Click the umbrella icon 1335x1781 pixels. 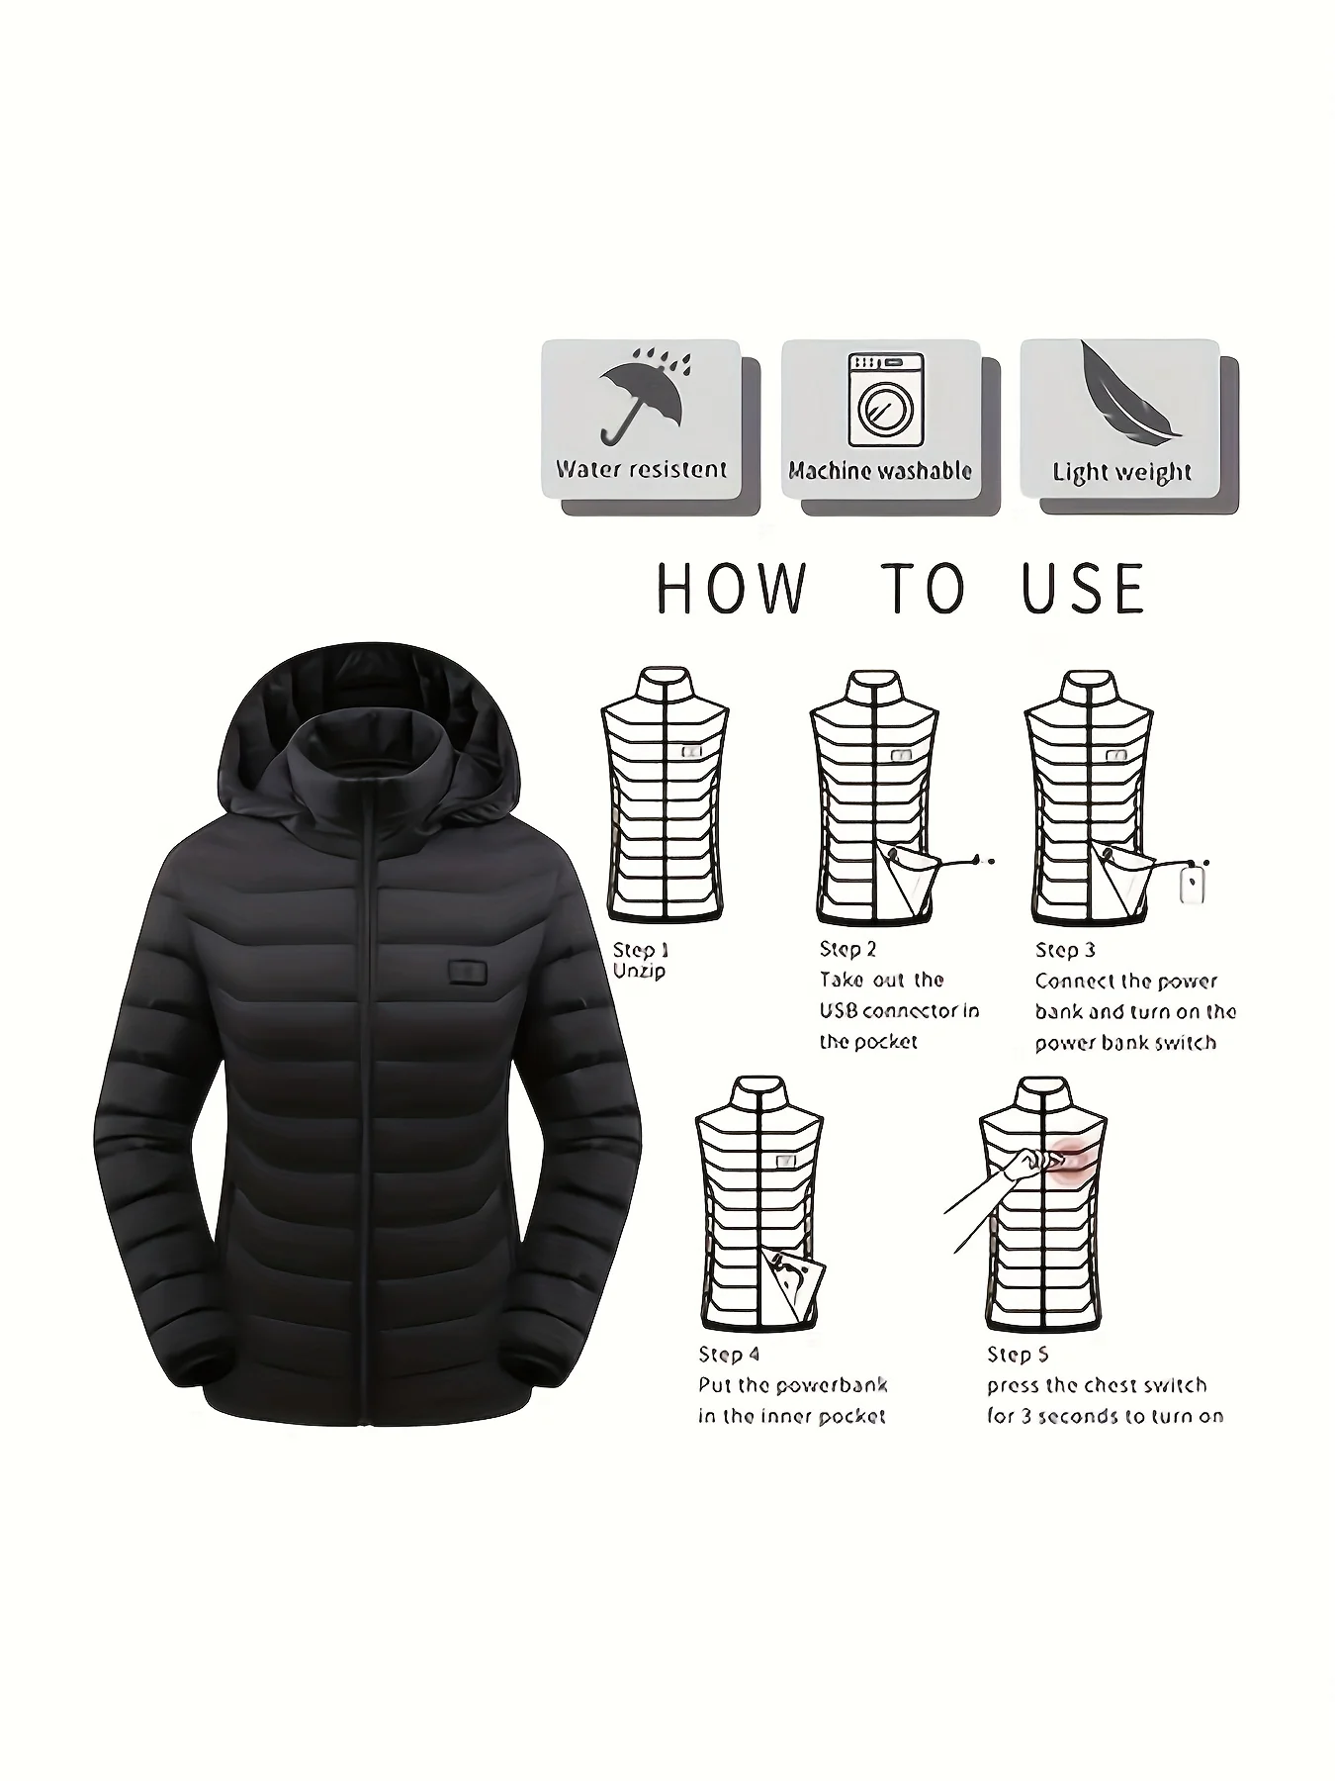(641, 397)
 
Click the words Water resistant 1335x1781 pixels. (641, 469)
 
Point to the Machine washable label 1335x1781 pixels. (880, 471)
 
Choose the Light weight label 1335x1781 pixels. (1121, 473)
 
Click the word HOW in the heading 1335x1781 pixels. (731, 588)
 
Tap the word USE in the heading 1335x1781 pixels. (1084, 588)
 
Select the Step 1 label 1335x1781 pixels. (641, 950)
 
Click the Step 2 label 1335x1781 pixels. (847, 949)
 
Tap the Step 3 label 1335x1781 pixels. (1065, 950)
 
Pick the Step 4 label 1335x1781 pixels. (729, 1355)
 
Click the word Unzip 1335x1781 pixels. (639, 972)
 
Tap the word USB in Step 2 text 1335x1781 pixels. (839, 1010)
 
